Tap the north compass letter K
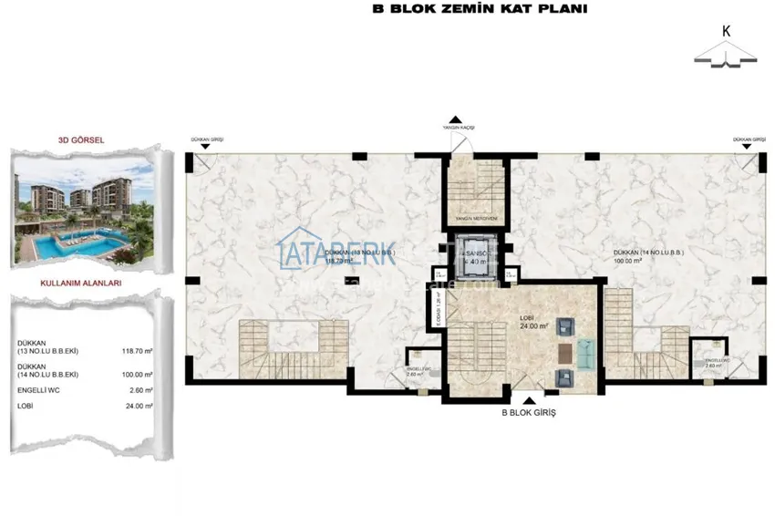click(727, 30)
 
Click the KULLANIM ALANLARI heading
click(82, 284)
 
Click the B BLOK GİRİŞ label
click(529, 413)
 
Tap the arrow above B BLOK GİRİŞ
click(529, 399)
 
